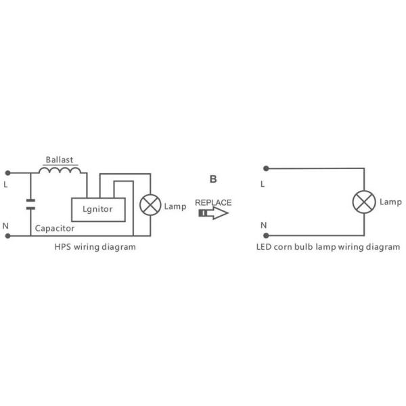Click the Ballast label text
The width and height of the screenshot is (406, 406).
point(60,160)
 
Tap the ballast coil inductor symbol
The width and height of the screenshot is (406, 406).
point(60,170)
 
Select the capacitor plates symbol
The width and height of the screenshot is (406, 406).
point(30,204)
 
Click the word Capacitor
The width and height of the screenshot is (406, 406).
point(55,229)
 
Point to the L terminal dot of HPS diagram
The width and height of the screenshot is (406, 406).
point(7,173)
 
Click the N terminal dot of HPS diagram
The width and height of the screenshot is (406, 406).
point(7,236)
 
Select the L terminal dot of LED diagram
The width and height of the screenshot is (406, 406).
point(266,168)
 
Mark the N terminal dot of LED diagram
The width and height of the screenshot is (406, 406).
point(266,235)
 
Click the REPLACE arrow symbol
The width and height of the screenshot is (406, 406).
point(213,213)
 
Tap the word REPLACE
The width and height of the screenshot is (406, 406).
point(213,202)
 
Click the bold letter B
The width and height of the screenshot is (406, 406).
point(213,179)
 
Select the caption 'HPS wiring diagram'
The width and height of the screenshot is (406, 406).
point(95,247)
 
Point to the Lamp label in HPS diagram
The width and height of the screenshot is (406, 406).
point(175,206)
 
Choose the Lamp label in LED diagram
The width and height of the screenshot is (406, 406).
point(390,202)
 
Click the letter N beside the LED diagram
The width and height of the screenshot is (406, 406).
point(264,225)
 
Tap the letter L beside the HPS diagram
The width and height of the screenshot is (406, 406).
point(5,185)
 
